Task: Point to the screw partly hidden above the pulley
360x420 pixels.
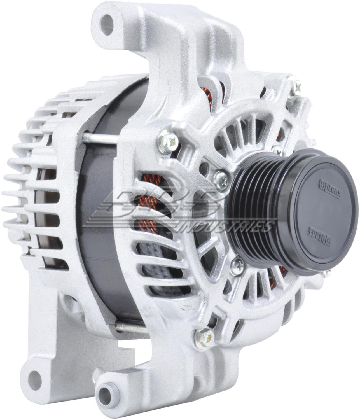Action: (x=277, y=150)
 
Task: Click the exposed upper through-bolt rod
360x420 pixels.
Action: (x=101, y=139)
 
